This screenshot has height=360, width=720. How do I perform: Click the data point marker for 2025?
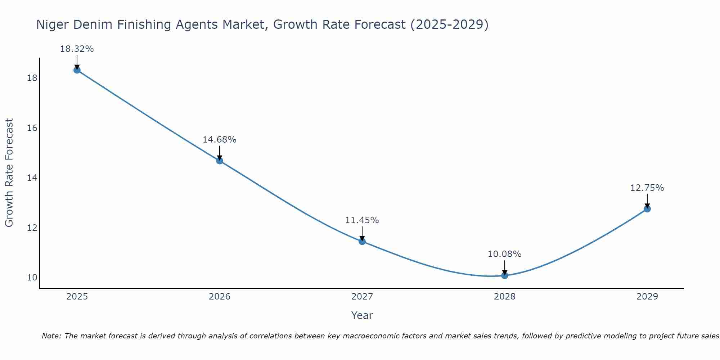[x=77, y=70]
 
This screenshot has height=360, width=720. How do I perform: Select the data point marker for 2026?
[x=220, y=161]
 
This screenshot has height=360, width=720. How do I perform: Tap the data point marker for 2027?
[x=362, y=241]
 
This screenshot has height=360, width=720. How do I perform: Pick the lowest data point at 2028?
[x=505, y=275]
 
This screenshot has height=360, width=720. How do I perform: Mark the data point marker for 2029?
[x=647, y=209]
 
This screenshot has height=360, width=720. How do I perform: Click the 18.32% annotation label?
[x=77, y=49]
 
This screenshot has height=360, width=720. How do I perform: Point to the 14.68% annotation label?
[x=219, y=140]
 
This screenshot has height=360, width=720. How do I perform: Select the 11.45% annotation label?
[x=362, y=220]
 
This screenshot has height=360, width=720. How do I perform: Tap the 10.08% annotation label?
[x=504, y=254]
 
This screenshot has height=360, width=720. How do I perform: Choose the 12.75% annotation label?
[x=647, y=188]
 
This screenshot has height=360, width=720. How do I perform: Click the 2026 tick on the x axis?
[x=220, y=297]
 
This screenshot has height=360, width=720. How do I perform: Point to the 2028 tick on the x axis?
[x=505, y=297]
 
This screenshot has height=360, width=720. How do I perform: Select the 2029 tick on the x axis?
[x=647, y=297]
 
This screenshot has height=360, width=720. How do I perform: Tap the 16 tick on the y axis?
[x=32, y=128]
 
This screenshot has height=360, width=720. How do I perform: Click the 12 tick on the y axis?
[x=32, y=228]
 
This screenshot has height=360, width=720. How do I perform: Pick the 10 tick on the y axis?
[x=32, y=278]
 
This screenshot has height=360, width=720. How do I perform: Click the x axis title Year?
[x=362, y=315]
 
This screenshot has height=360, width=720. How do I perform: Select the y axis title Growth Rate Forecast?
[x=9, y=172]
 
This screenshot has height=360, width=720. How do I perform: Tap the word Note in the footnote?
[x=51, y=336]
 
